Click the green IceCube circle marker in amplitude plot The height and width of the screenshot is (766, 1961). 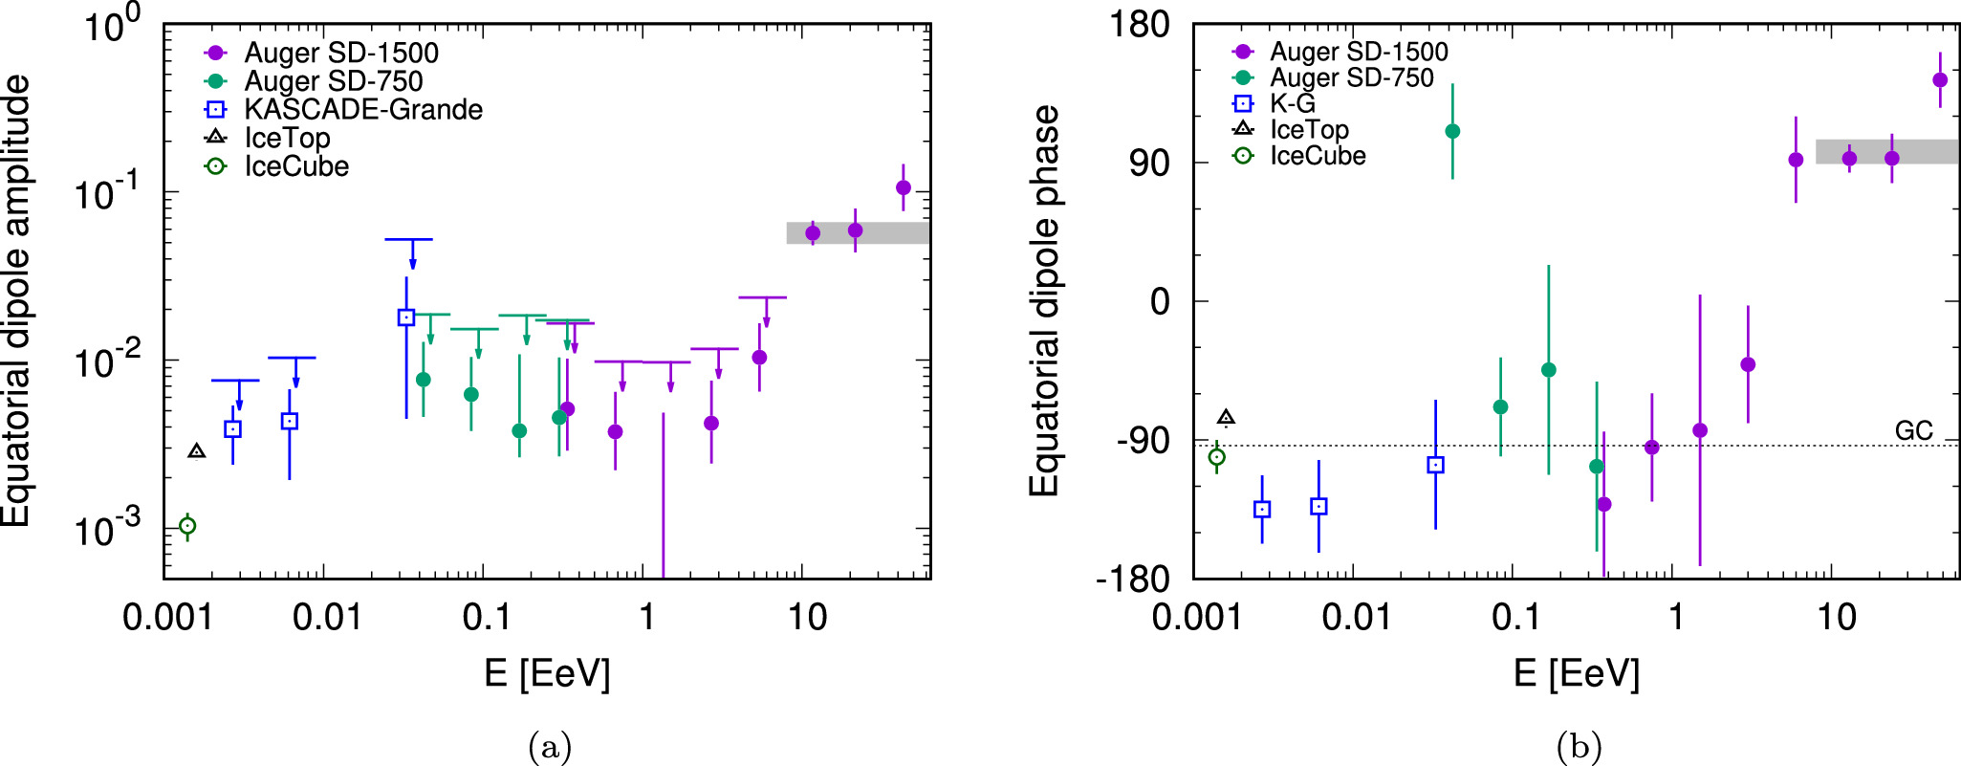[187, 525]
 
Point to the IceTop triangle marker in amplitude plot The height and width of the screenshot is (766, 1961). [197, 451]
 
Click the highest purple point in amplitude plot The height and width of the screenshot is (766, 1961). [903, 187]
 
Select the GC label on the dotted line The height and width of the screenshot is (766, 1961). [1913, 431]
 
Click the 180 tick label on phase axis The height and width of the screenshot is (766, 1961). [1139, 24]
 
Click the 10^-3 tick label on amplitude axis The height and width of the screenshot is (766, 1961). [107, 528]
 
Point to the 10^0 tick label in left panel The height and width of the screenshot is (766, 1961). [111, 25]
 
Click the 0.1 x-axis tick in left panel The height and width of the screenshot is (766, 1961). [486, 617]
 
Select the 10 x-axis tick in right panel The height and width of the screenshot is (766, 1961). [1836, 617]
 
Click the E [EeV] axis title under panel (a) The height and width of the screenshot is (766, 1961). [547, 674]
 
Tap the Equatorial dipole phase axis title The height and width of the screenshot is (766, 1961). [1044, 301]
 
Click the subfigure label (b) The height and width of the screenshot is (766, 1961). [1578, 746]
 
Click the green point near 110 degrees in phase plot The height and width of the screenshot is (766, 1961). [1452, 131]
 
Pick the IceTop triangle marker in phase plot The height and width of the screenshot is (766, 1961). [1226, 417]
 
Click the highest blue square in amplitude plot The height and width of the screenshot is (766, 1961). [406, 317]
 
